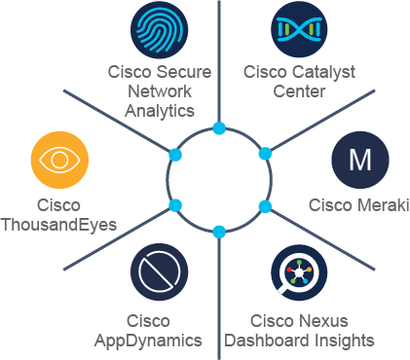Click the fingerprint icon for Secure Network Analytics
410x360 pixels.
(160, 29)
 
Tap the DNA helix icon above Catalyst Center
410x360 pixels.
(299, 29)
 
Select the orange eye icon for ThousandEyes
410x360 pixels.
(59, 160)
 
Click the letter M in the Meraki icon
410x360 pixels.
(360, 160)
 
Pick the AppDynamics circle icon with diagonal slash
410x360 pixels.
(160, 272)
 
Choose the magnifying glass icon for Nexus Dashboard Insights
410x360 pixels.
(299, 272)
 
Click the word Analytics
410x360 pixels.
(160, 111)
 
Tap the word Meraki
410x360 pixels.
(383, 205)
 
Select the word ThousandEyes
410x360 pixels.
(58, 225)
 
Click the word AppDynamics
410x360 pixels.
(148, 341)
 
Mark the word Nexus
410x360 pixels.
(323, 321)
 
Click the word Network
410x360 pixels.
(160, 91)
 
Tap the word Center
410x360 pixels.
(299, 91)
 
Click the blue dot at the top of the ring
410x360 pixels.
(219, 128)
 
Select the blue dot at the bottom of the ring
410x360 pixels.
(219, 233)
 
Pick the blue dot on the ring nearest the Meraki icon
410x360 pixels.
(265, 154)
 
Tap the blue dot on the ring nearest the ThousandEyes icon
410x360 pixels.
(175, 155)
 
